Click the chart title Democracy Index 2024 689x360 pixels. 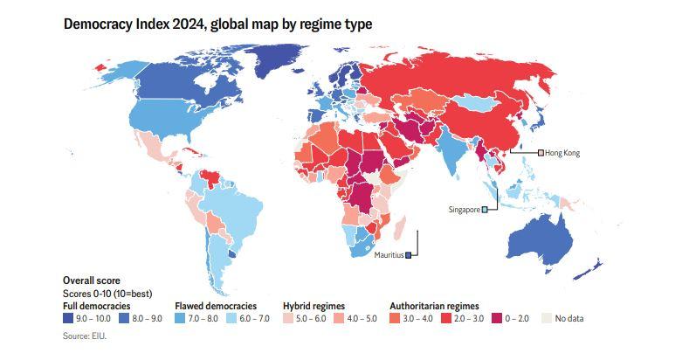[x=217, y=24]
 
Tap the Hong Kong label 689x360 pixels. [x=562, y=153]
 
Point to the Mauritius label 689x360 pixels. [x=388, y=255]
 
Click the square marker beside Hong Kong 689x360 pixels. [x=540, y=153]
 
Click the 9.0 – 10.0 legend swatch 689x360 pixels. [x=68, y=318]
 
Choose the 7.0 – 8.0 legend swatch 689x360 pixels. [x=180, y=318]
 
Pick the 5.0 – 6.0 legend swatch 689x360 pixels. [x=287, y=318]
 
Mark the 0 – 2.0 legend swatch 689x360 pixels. [x=497, y=318]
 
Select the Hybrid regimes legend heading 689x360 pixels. [x=313, y=306]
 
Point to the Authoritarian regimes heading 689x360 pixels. [x=433, y=306]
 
